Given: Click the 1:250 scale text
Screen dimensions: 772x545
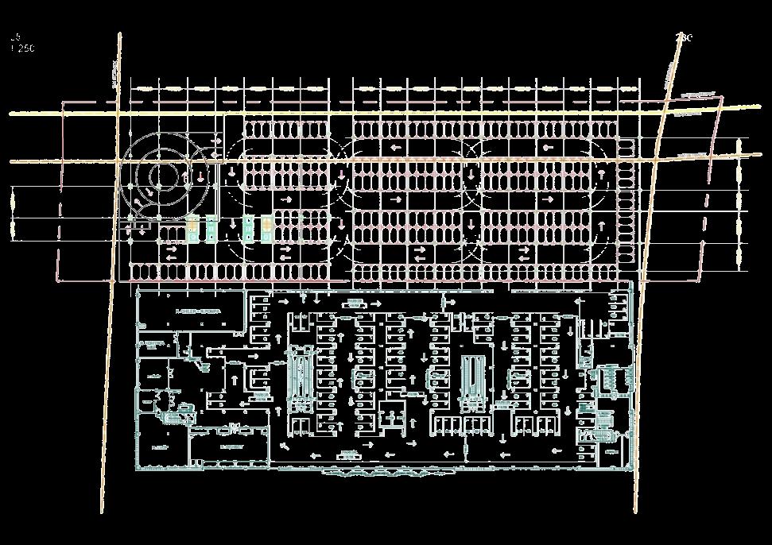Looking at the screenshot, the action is coord(23,48).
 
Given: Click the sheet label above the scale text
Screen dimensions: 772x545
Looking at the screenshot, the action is coord(16,37).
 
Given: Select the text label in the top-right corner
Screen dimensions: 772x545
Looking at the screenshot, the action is coord(684,37).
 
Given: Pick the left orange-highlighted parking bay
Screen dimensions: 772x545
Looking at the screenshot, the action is coord(192,230).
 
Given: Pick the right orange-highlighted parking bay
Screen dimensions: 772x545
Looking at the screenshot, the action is coord(266,230).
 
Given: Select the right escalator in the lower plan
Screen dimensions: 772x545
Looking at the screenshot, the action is coord(474,380).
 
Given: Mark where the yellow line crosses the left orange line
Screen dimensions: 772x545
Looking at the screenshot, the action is coord(118,114).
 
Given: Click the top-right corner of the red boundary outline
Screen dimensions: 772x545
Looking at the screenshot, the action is coord(722,96).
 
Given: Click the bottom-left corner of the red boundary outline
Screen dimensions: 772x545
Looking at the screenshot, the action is coord(57,280).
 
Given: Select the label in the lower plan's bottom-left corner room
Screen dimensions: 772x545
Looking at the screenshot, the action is coord(157,447).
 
